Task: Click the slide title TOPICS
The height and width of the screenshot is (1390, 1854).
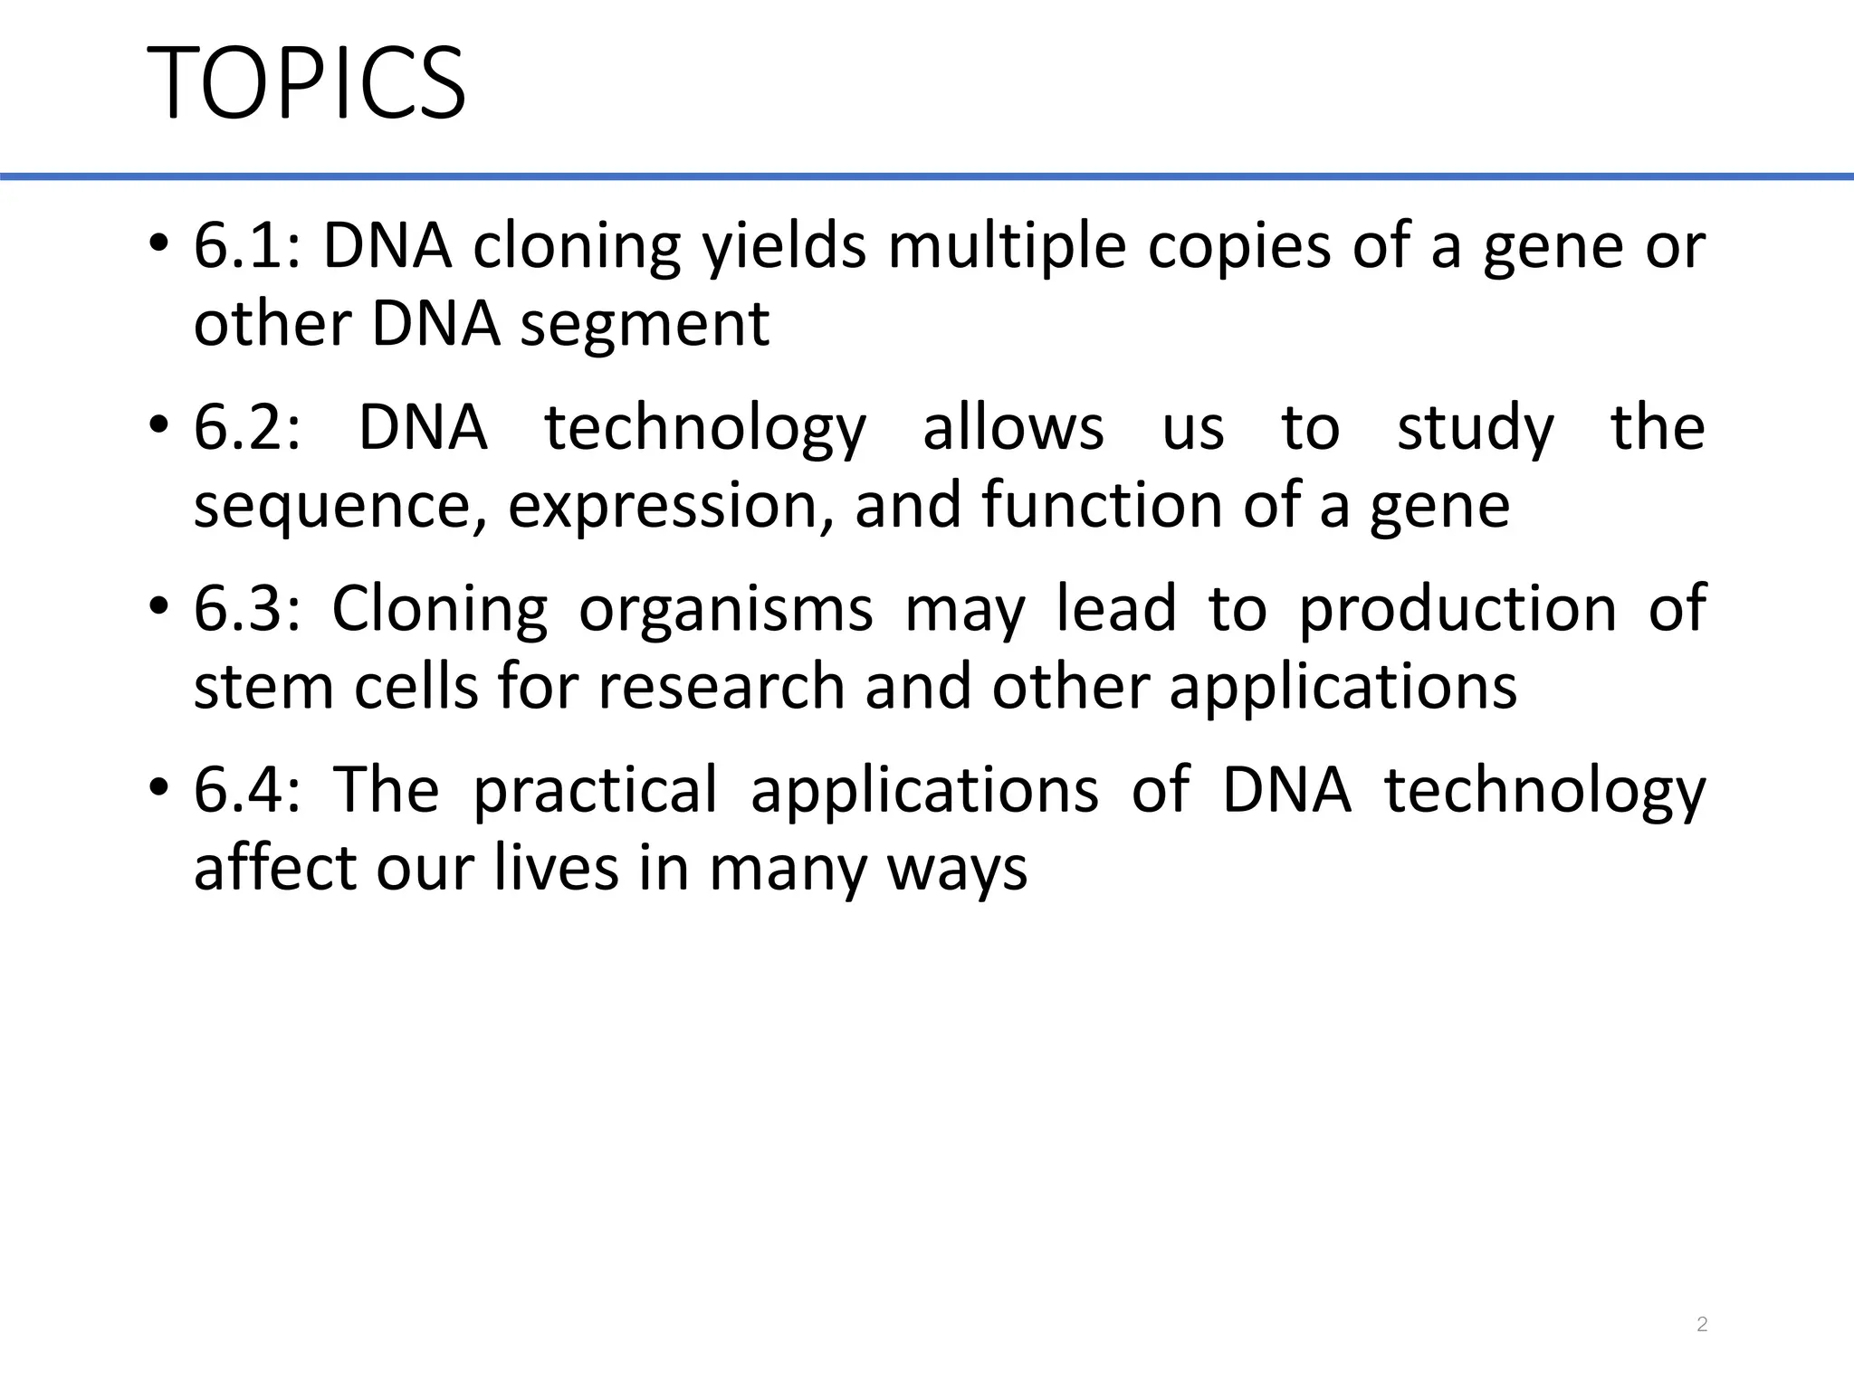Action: click(x=306, y=83)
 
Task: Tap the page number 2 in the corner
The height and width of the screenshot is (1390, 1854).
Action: click(x=1702, y=1325)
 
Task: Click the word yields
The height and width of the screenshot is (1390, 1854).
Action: click(x=785, y=247)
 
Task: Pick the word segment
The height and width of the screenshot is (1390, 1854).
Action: click(x=645, y=324)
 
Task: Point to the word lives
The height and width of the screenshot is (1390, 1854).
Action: click(x=554, y=867)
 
